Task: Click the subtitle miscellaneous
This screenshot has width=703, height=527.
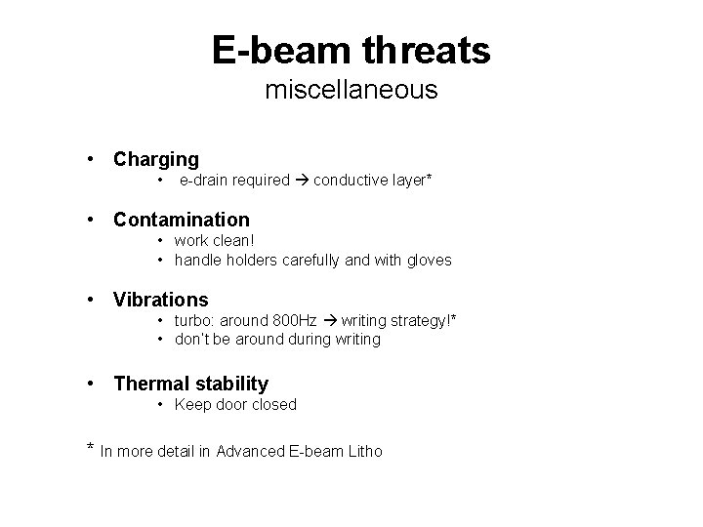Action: pos(351,91)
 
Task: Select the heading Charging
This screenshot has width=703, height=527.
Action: pos(156,158)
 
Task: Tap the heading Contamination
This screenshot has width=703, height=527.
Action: pos(182,220)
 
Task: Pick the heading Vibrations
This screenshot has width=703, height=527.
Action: pos(161,299)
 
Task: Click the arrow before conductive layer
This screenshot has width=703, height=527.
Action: pos(302,180)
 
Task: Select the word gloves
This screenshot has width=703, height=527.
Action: pos(429,261)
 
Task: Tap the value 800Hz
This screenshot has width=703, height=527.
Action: pos(297,320)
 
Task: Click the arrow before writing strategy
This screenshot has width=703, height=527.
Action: pos(330,320)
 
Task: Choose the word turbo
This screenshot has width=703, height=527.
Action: pos(193,320)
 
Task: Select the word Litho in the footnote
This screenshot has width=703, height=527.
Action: pos(364,451)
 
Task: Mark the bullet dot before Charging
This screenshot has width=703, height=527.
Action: pos(91,158)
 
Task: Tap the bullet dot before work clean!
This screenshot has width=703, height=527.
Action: pos(161,241)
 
